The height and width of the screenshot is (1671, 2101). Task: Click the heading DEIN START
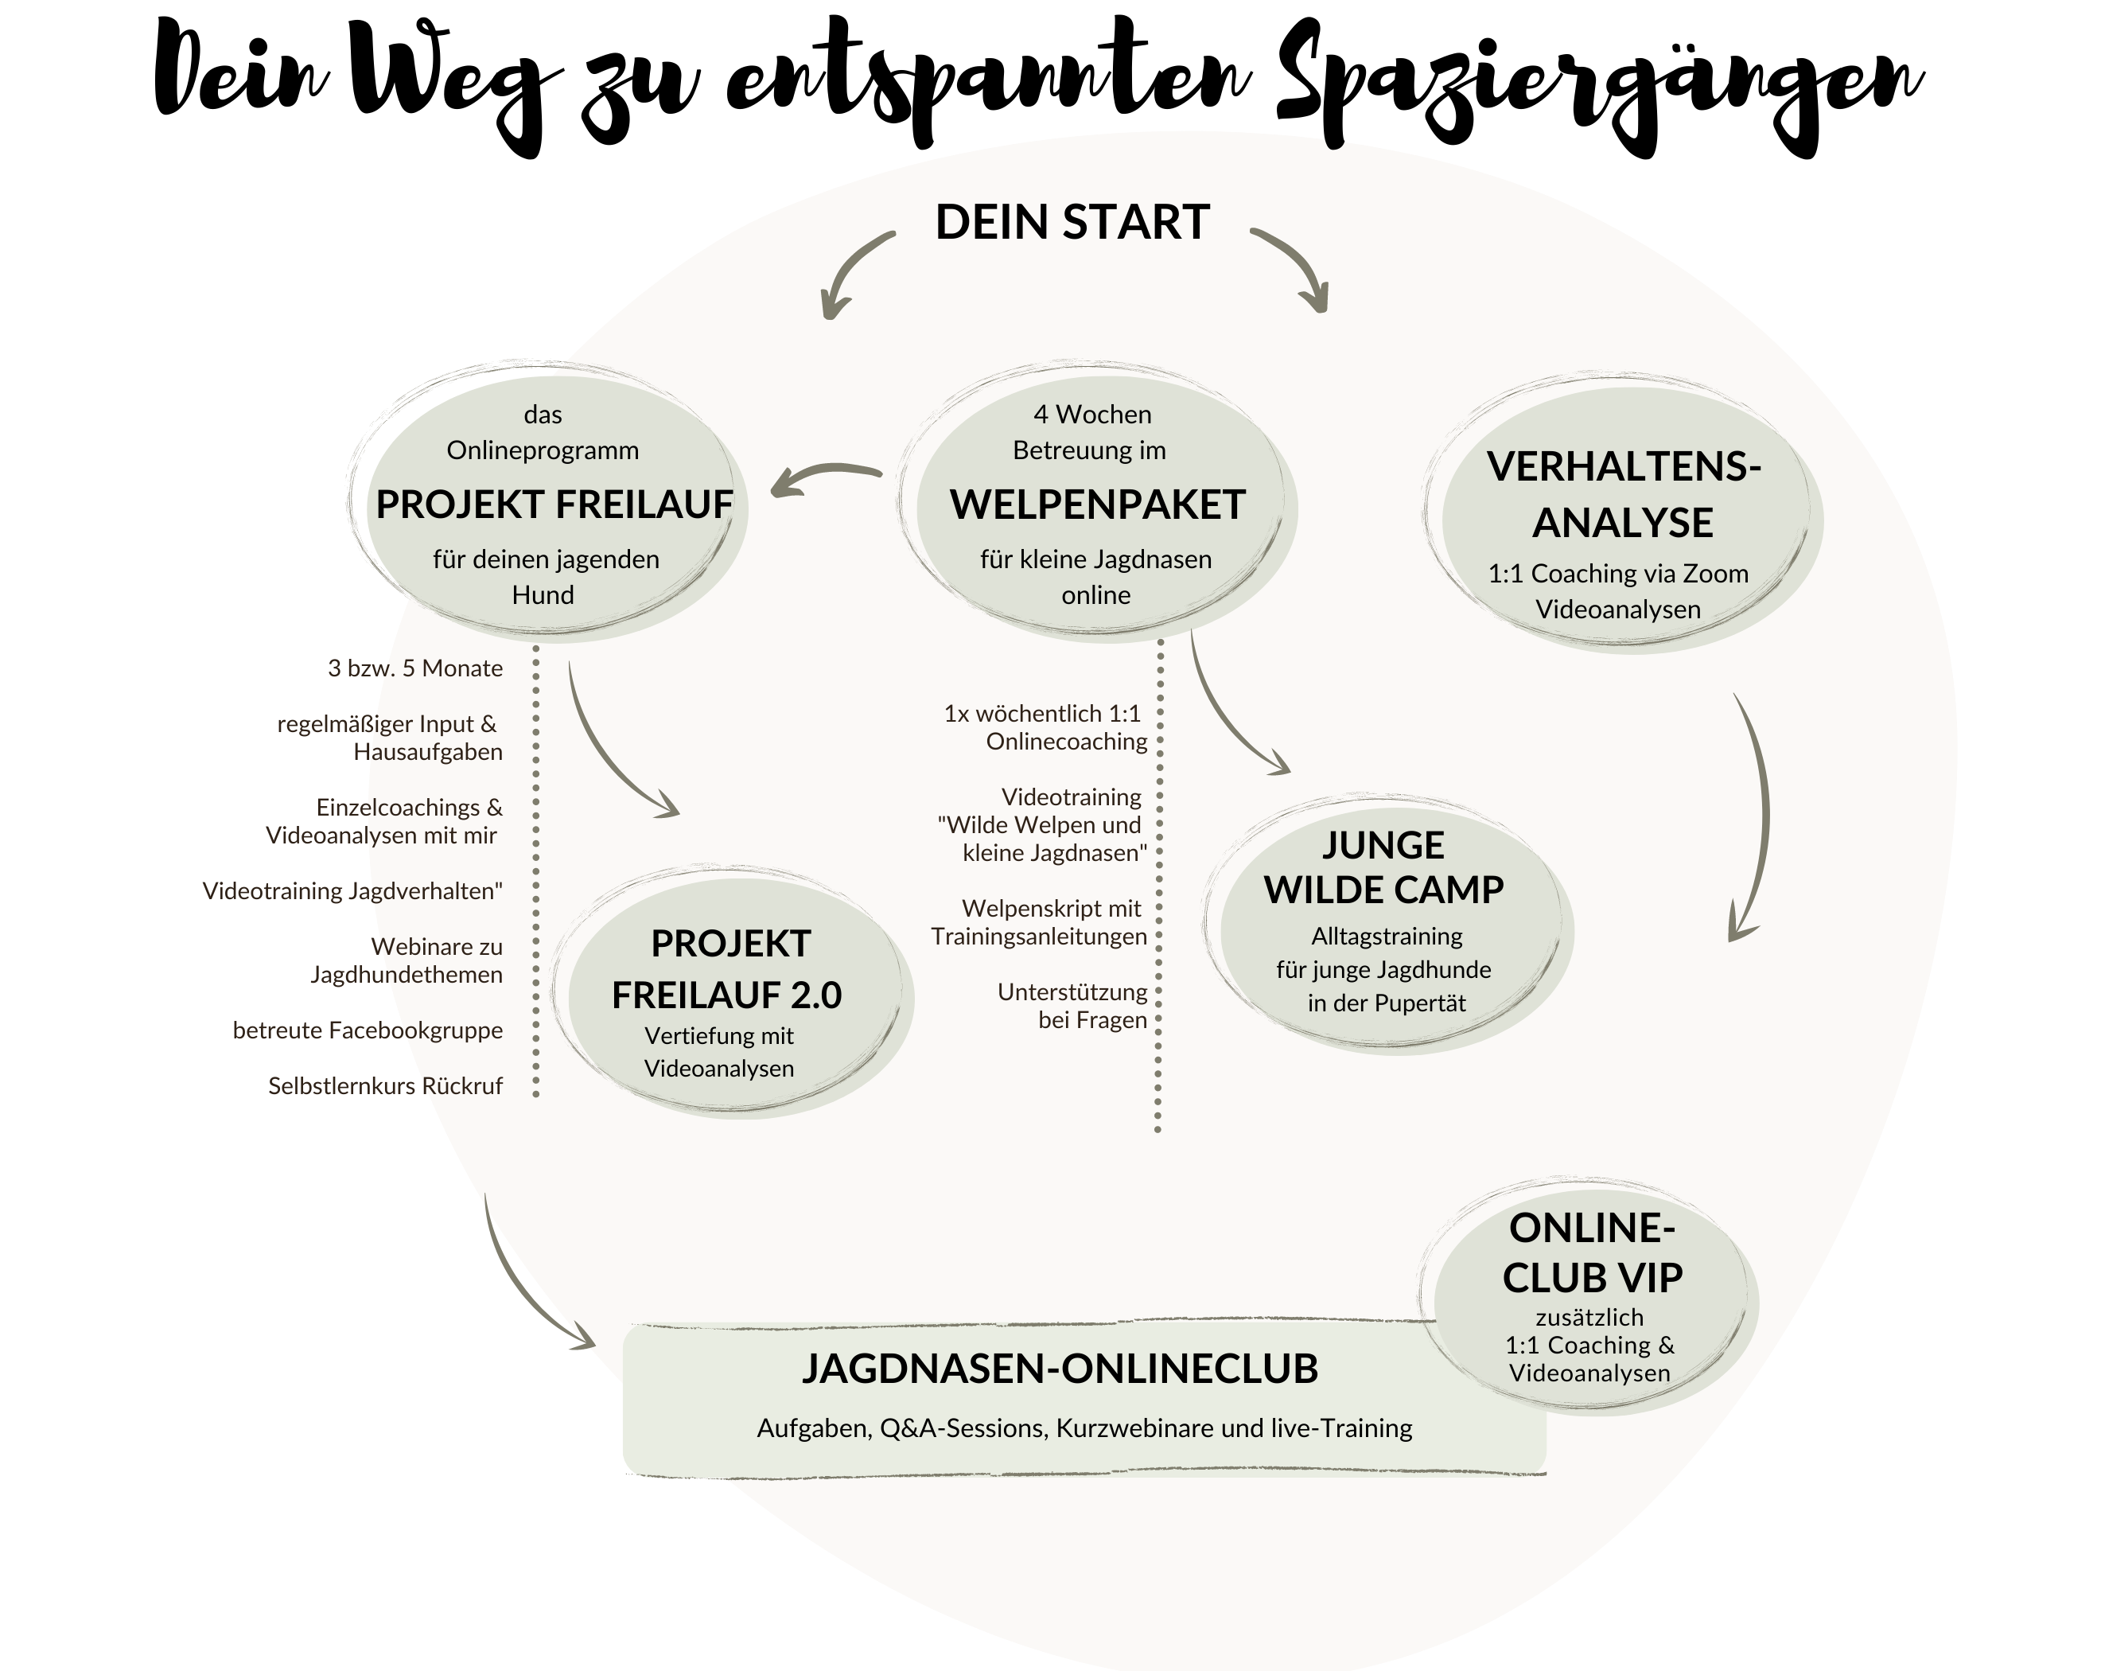point(1072,222)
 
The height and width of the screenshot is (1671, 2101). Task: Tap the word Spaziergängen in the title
point(1598,88)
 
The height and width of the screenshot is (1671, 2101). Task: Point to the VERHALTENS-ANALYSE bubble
point(1623,514)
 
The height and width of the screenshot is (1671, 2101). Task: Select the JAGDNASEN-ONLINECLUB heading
point(1060,1369)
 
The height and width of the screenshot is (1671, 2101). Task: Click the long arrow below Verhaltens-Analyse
point(1760,819)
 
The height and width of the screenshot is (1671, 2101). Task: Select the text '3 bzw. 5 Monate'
point(415,668)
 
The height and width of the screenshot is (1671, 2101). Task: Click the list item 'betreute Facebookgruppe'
point(368,1030)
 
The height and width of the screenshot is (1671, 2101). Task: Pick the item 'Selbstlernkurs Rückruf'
point(386,1086)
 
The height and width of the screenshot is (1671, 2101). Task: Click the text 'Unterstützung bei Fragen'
point(1072,1006)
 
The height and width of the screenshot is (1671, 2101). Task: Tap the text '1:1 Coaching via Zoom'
point(1617,573)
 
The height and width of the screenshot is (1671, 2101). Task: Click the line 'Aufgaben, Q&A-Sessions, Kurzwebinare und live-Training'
point(1084,1428)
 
